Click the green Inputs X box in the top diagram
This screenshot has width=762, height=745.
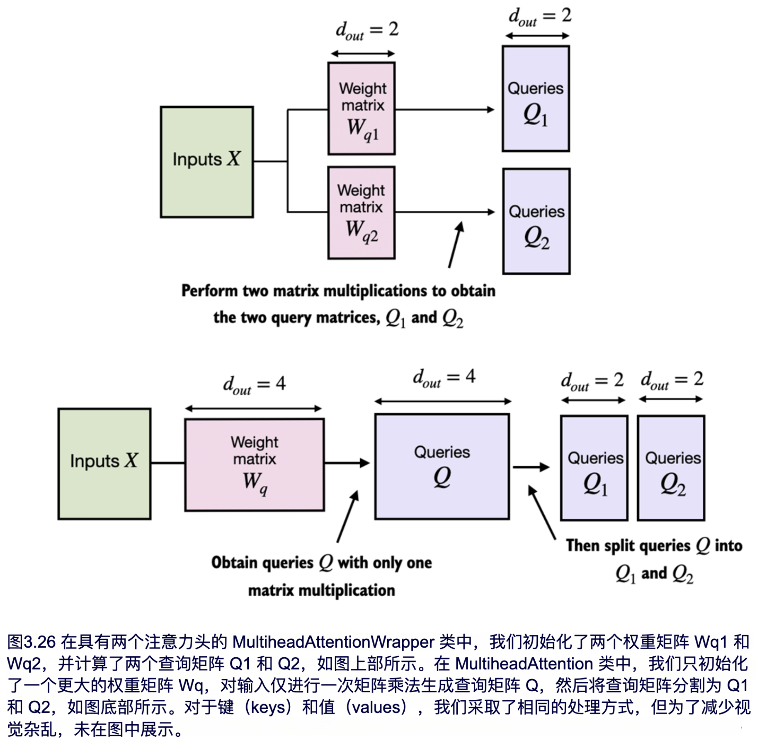pyautogui.click(x=206, y=162)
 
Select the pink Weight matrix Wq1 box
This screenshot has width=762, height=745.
pyautogui.click(x=361, y=109)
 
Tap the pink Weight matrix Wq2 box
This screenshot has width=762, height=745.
pyautogui.click(x=361, y=213)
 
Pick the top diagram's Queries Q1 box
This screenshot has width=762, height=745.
pyautogui.click(x=536, y=99)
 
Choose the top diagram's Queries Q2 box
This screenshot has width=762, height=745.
pyautogui.click(x=536, y=221)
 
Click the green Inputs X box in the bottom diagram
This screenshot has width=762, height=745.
pyautogui.click(x=104, y=463)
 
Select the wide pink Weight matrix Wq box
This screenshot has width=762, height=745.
pyautogui.click(x=254, y=464)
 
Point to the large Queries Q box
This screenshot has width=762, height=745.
pyautogui.click(x=442, y=466)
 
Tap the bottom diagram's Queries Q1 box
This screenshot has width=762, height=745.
pyautogui.click(x=594, y=468)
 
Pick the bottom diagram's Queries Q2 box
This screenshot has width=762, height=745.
pyautogui.click(x=671, y=468)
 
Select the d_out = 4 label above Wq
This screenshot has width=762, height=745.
pyautogui.click(x=254, y=385)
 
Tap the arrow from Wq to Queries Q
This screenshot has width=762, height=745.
pyautogui.click(x=347, y=463)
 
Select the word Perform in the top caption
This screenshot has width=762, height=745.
pyautogui.click(x=208, y=291)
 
